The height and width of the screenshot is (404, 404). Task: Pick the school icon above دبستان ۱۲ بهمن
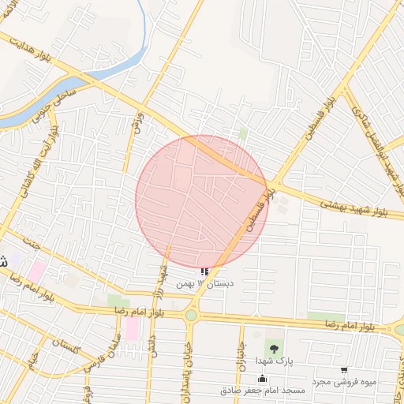click(x=205, y=272)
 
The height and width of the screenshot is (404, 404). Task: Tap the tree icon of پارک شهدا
click(x=274, y=348)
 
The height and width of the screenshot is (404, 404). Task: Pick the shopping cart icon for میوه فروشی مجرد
click(x=344, y=370)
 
